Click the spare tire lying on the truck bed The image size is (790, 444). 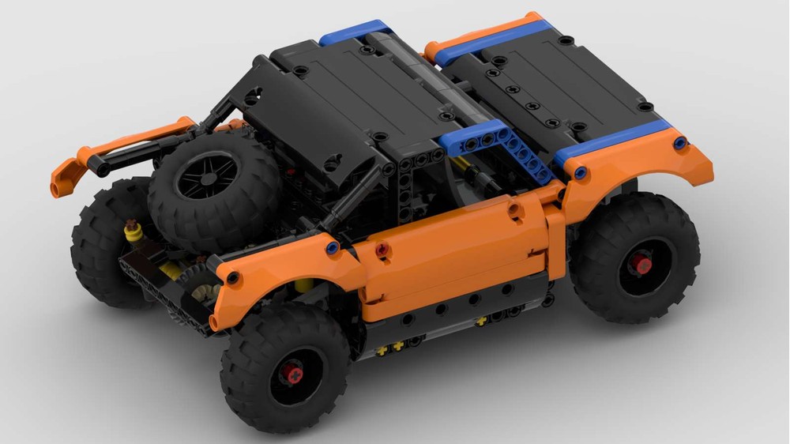[213, 190]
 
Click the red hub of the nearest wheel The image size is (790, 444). [293, 374]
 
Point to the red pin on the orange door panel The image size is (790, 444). [383, 250]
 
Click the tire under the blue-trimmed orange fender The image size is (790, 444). [636, 261]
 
